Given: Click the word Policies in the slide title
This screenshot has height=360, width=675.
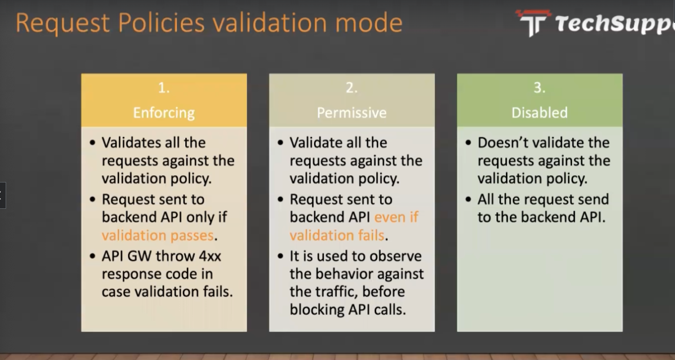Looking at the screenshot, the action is (161, 22).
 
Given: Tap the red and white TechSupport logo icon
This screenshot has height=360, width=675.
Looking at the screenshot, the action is (533, 23).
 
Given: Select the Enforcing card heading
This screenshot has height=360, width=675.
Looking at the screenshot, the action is (164, 113).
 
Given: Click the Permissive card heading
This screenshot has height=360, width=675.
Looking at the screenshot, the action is (351, 113).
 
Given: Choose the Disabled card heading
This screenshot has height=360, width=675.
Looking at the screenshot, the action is (540, 113).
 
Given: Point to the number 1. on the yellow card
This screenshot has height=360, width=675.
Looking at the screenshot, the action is (163, 88).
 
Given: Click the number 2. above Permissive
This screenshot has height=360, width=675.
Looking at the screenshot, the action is (351, 88).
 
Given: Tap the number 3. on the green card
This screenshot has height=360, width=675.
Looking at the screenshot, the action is (540, 88).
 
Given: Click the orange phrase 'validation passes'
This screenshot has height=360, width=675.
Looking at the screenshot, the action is (158, 235).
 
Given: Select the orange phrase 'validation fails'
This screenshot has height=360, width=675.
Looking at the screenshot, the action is (337, 235).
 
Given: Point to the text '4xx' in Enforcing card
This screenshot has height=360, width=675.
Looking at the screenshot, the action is (210, 256).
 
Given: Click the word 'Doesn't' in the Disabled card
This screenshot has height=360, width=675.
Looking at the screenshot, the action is (503, 143).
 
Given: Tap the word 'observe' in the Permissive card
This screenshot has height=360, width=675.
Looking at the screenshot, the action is (395, 256).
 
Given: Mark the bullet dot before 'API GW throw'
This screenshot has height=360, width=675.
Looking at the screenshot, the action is (92, 256).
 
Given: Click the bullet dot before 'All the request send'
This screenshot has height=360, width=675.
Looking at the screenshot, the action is (468, 199).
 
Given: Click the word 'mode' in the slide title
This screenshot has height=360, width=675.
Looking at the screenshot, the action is (369, 22).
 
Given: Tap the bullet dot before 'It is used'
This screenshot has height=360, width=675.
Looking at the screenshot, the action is (280, 256).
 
